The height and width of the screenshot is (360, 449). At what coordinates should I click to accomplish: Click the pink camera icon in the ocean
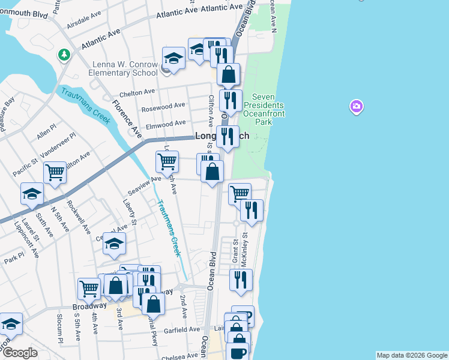coord(356,107)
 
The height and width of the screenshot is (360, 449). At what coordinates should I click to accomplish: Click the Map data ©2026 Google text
coord(412,355)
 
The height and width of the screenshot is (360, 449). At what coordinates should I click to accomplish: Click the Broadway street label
coord(89,306)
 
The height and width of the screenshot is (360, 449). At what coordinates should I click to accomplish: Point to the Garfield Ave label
coord(185,329)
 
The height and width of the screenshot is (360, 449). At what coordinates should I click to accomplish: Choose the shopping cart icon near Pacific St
coord(55,172)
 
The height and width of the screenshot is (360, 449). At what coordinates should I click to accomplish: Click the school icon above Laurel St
coord(32,194)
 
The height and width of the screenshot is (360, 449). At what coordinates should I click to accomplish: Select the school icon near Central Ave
coord(114,243)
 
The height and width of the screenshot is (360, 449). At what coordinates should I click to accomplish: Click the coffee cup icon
coord(239,352)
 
